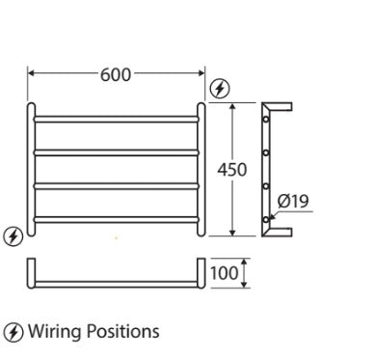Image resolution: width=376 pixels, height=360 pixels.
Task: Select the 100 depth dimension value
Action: click(225, 273)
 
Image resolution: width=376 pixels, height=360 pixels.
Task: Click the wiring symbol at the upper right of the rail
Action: click(219, 88)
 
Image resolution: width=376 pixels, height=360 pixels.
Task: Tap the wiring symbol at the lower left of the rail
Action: click(13, 235)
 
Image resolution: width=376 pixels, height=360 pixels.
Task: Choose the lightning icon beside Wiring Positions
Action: click(13, 332)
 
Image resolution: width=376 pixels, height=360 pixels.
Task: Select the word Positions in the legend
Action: click(121, 332)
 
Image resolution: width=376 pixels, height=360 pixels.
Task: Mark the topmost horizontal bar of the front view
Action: click(117, 120)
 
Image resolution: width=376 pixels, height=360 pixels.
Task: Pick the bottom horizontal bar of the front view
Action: click(117, 221)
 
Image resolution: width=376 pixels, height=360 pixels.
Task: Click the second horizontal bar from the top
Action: click(117, 152)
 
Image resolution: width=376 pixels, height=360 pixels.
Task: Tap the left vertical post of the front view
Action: click(31, 170)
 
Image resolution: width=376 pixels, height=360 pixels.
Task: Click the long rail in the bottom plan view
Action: click(117, 282)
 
